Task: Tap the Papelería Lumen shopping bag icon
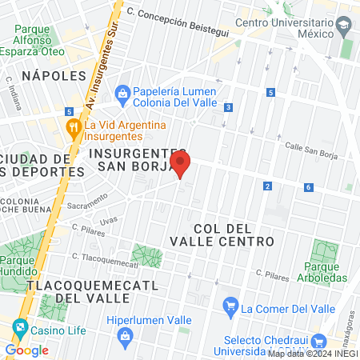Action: tap(122, 93)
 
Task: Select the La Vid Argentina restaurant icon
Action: tap(74, 126)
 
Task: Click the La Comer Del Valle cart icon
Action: tap(230, 304)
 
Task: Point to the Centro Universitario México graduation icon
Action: tap(342, 27)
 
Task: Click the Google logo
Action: tap(26, 350)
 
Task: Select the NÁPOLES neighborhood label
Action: tap(54, 75)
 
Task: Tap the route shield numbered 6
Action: tap(308, 187)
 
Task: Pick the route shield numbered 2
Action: tap(266, 186)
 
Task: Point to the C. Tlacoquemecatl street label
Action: tap(105, 260)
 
